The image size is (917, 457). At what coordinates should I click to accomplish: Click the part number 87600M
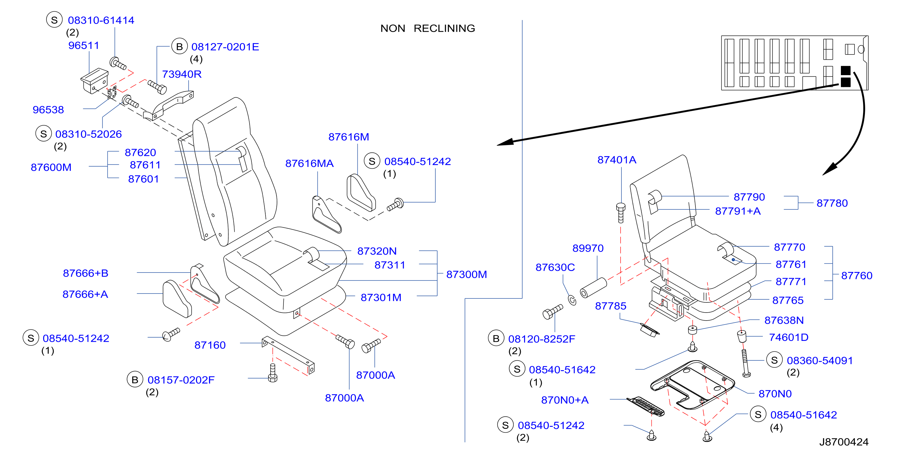(51, 167)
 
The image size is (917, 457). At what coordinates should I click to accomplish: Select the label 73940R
(181, 74)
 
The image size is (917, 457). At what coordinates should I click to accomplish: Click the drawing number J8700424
(844, 442)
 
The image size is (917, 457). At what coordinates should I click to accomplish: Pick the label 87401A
(617, 160)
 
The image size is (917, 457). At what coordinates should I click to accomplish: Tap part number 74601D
(789, 337)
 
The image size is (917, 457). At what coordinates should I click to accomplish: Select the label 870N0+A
(564, 400)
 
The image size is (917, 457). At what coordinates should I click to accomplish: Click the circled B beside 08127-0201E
(179, 46)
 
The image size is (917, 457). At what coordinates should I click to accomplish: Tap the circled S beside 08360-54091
(774, 360)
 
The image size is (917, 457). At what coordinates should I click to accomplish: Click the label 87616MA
(309, 163)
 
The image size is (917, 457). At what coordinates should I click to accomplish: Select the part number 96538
(48, 110)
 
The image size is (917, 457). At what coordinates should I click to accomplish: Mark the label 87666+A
(85, 294)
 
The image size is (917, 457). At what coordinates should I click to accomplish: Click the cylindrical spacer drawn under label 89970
(593, 288)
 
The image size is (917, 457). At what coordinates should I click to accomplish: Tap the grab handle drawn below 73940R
(168, 106)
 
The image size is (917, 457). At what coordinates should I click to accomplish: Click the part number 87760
(857, 275)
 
